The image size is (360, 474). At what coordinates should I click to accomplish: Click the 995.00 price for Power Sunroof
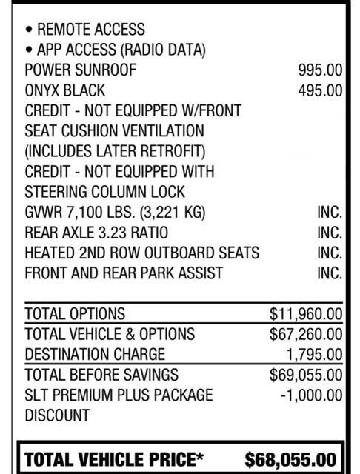coord(320,70)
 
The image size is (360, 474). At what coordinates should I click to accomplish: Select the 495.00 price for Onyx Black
coord(320,90)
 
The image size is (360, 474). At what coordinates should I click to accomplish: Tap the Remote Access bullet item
coord(85,30)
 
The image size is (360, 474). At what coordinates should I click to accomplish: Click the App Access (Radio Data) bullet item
coord(115,50)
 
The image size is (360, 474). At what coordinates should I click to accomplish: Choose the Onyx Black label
coord(65,90)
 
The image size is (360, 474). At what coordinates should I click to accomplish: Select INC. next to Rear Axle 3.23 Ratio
coord(329,232)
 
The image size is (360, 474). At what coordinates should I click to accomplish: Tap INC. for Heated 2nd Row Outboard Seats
coord(329,253)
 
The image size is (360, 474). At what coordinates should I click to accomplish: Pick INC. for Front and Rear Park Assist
coord(329,273)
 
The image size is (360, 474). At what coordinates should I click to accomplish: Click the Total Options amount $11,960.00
coord(306,313)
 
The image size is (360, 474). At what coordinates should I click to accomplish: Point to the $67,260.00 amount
coord(306,333)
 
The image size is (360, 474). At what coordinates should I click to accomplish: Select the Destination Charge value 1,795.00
coord(314,354)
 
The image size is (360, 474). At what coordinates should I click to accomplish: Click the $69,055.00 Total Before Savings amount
coord(306,374)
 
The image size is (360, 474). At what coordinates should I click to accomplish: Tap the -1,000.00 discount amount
coord(311,394)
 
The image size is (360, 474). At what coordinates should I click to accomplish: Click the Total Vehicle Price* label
coord(115,459)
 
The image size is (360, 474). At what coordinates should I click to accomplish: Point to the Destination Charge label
coord(95,354)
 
